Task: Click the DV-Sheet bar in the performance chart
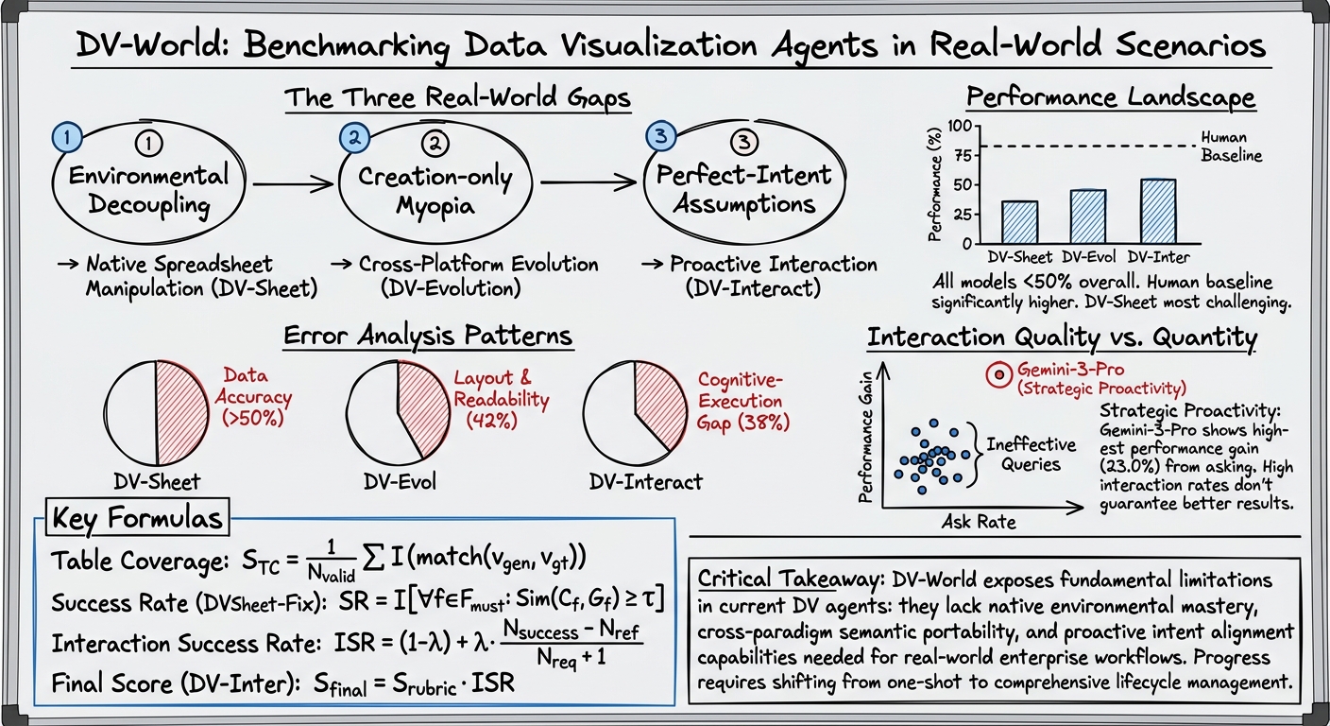coord(1019,221)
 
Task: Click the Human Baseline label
coord(1231,147)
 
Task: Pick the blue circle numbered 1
coord(67,137)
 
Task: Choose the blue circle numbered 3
coord(659,137)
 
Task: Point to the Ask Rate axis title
coord(979,521)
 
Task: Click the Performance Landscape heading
coord(1110,97)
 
